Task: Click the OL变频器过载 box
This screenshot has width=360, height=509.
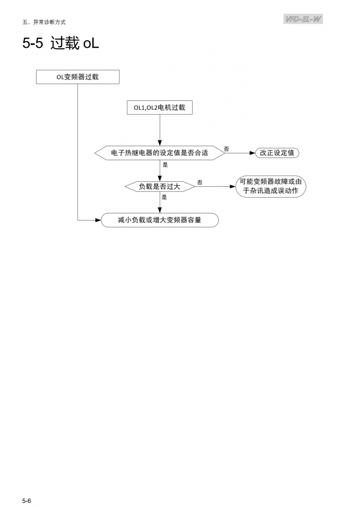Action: coord(77,77)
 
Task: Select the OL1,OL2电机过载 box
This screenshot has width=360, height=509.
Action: coord(159,108)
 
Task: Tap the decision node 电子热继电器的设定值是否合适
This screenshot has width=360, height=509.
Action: coord(159,153)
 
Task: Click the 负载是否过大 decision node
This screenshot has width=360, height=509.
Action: coord(159,186)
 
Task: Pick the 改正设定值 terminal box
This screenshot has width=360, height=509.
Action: coord(277,153)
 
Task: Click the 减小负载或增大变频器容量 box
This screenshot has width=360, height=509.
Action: coord(159,221)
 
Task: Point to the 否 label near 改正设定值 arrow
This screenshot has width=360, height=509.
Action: coord(226,149)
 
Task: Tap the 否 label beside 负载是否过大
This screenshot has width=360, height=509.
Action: coord(199,182)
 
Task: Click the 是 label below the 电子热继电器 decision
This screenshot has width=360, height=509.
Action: coord(165,165)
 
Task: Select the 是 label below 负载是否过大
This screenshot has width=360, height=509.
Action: coord(164,197)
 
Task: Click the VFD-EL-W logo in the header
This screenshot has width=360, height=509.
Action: coord(303,19)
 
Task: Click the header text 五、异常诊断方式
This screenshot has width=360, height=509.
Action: coord(44,22)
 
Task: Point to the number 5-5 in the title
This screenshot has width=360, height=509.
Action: coord(32,44)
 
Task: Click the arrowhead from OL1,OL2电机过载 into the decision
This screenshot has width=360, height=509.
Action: coord(159,143)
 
